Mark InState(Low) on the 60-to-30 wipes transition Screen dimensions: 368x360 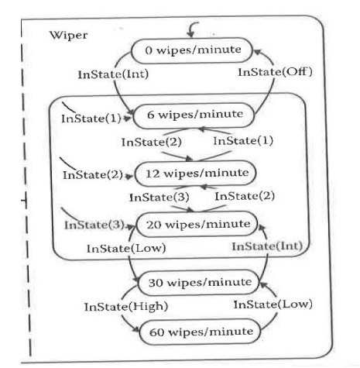click(273, 304)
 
